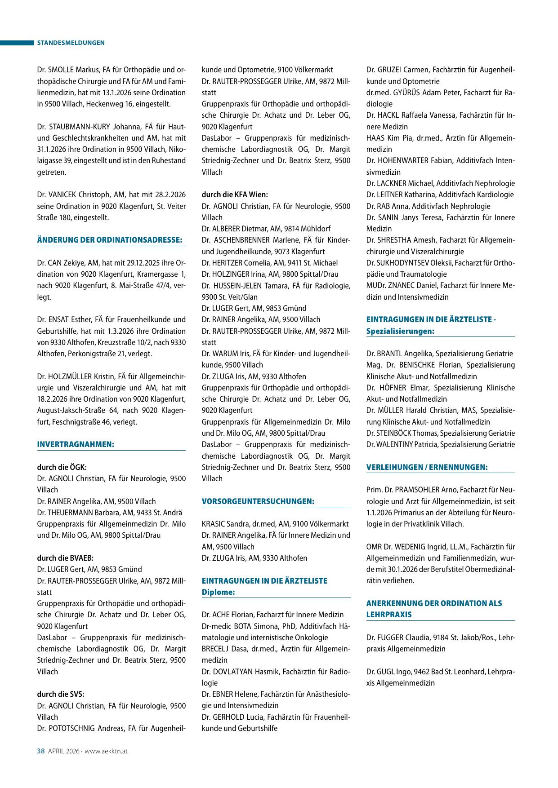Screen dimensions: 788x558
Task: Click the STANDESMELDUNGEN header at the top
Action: click(x=71, y=43)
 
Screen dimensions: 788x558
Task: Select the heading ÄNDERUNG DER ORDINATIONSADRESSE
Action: click(x=110, y=240)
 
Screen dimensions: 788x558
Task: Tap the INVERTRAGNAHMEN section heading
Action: click(x=76, y=444)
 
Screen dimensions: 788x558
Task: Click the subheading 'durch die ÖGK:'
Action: click(x=62, y=467)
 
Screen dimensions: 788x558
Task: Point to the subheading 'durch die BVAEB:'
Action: click(x=65, y=558)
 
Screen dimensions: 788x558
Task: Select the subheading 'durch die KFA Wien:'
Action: click(x=235, y=195)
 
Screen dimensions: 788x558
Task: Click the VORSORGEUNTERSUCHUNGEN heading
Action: click(x=258, y=501)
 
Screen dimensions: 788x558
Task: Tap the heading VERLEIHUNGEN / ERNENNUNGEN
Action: click(x=427, y=467)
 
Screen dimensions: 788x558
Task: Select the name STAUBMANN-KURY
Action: click(x=79, y=127)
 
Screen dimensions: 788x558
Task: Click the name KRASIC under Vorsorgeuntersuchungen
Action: click(x=213, y=524)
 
